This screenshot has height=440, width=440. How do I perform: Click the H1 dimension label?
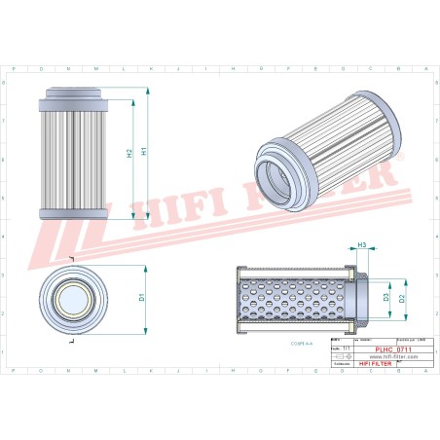tap(144, 152)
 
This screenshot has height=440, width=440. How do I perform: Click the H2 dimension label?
tap(129, 153)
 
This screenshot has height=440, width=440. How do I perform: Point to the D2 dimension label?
tap(402, 298)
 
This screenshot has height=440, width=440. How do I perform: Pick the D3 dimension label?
tap(386, 296)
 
